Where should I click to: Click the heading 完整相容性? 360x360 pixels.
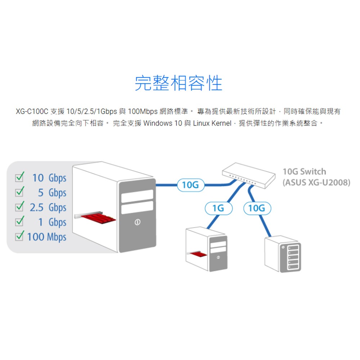point(179,83)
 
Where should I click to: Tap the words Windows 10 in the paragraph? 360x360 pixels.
point(163,123)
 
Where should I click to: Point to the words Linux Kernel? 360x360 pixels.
point(212,123)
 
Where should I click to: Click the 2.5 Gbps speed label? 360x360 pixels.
point(48,207)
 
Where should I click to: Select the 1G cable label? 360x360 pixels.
point(218,208)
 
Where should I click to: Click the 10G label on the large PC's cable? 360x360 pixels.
point(190,185)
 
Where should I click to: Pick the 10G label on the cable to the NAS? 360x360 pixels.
point(257,208)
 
